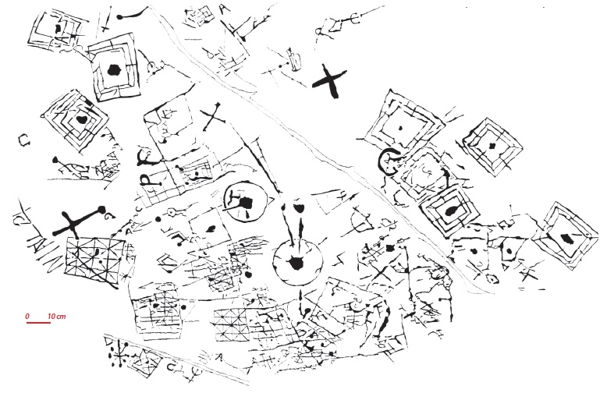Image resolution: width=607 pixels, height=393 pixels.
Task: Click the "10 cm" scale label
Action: coord(55,316)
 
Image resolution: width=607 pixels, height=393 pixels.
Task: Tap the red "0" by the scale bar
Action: coord(27,316)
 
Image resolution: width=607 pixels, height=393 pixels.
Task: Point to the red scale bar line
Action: coord(38,323)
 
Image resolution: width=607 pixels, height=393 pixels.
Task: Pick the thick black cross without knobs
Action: coord(329,81)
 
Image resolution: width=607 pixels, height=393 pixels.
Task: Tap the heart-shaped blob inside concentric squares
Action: coord(82,121)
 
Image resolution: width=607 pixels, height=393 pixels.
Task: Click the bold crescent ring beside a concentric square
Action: coord(388,161)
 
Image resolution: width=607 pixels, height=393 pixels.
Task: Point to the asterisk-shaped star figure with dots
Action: coord(120,355)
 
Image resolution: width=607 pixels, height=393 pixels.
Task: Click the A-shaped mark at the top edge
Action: coord(225,9)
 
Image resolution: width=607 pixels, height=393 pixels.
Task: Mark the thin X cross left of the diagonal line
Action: coord(214,119)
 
